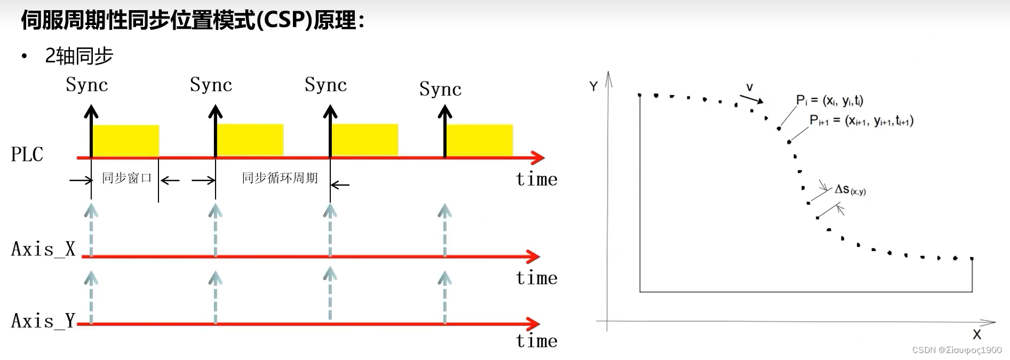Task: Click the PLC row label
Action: pos(27,155)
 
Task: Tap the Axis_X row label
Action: pos(43,249)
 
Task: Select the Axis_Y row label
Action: pos(43,321)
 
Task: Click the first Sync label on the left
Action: pos(87,85)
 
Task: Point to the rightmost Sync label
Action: pos(440,89)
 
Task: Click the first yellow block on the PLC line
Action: pos(126,140)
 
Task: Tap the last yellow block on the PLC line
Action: pos(480,140)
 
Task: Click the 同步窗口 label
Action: pos(126,178)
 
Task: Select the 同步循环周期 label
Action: pos(280,178)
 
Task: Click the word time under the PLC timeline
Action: pos(536,179)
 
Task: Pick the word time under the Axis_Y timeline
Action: pos(536,341)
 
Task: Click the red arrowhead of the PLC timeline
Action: pos(538,157)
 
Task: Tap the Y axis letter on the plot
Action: pos(593,86)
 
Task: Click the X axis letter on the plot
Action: pos(977,334)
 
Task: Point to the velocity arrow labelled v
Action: pos(751,98)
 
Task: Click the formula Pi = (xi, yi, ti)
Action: pos(830,100)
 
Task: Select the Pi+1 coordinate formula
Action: pos(861,121)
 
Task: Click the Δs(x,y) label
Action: pos(850,189)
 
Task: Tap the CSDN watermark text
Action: pos(957,350)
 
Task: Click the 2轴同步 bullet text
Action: pos(79,56)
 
